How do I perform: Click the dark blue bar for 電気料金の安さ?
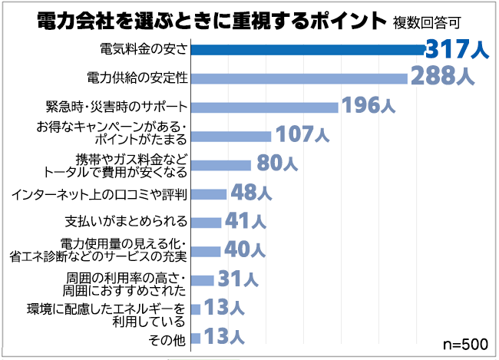(307, 49)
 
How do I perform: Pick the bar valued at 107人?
(230, 136)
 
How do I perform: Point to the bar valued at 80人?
(220, 164)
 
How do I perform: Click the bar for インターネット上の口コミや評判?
(208, 193)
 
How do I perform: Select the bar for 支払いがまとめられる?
(206, 222)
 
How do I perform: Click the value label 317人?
(457, 49)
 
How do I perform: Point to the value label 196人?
(368, 106)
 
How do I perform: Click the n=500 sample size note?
(466, 343)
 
